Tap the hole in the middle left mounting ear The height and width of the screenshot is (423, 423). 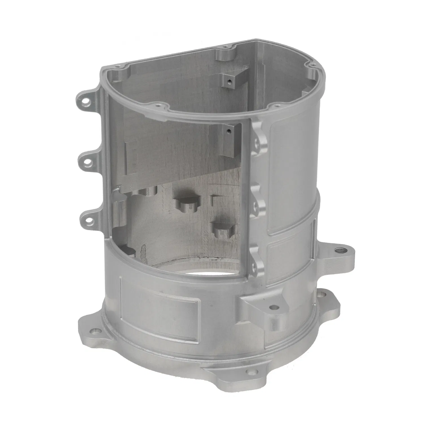pos(88,163)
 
